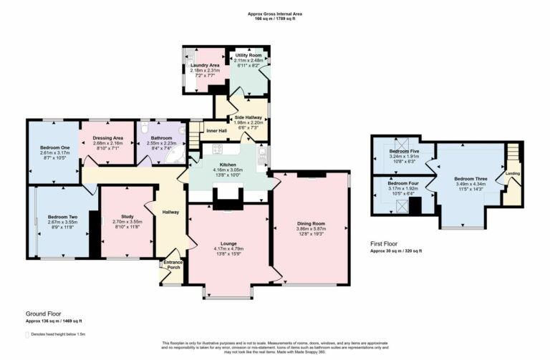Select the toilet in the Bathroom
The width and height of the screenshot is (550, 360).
point(144,127)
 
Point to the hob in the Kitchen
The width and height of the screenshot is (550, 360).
point(216,150)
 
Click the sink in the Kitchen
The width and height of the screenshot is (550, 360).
point(263,153)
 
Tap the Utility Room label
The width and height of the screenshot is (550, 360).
point(249,55)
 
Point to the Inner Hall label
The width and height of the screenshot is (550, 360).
point(216,130)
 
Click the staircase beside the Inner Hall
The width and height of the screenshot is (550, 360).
point(195,132)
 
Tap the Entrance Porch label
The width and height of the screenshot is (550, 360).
point(174,266)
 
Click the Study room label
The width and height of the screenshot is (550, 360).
point(127,216)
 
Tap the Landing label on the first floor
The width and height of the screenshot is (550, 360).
point(513,173)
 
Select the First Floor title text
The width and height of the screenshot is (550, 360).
point(385,244)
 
